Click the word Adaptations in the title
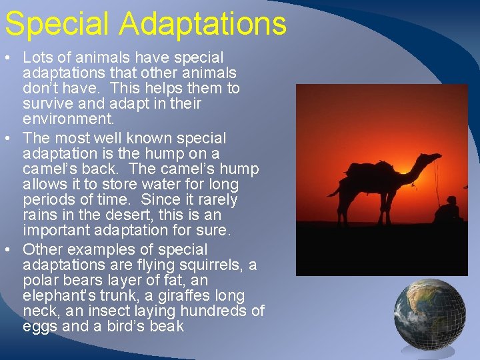(203, 24)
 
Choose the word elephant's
(56, 295)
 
